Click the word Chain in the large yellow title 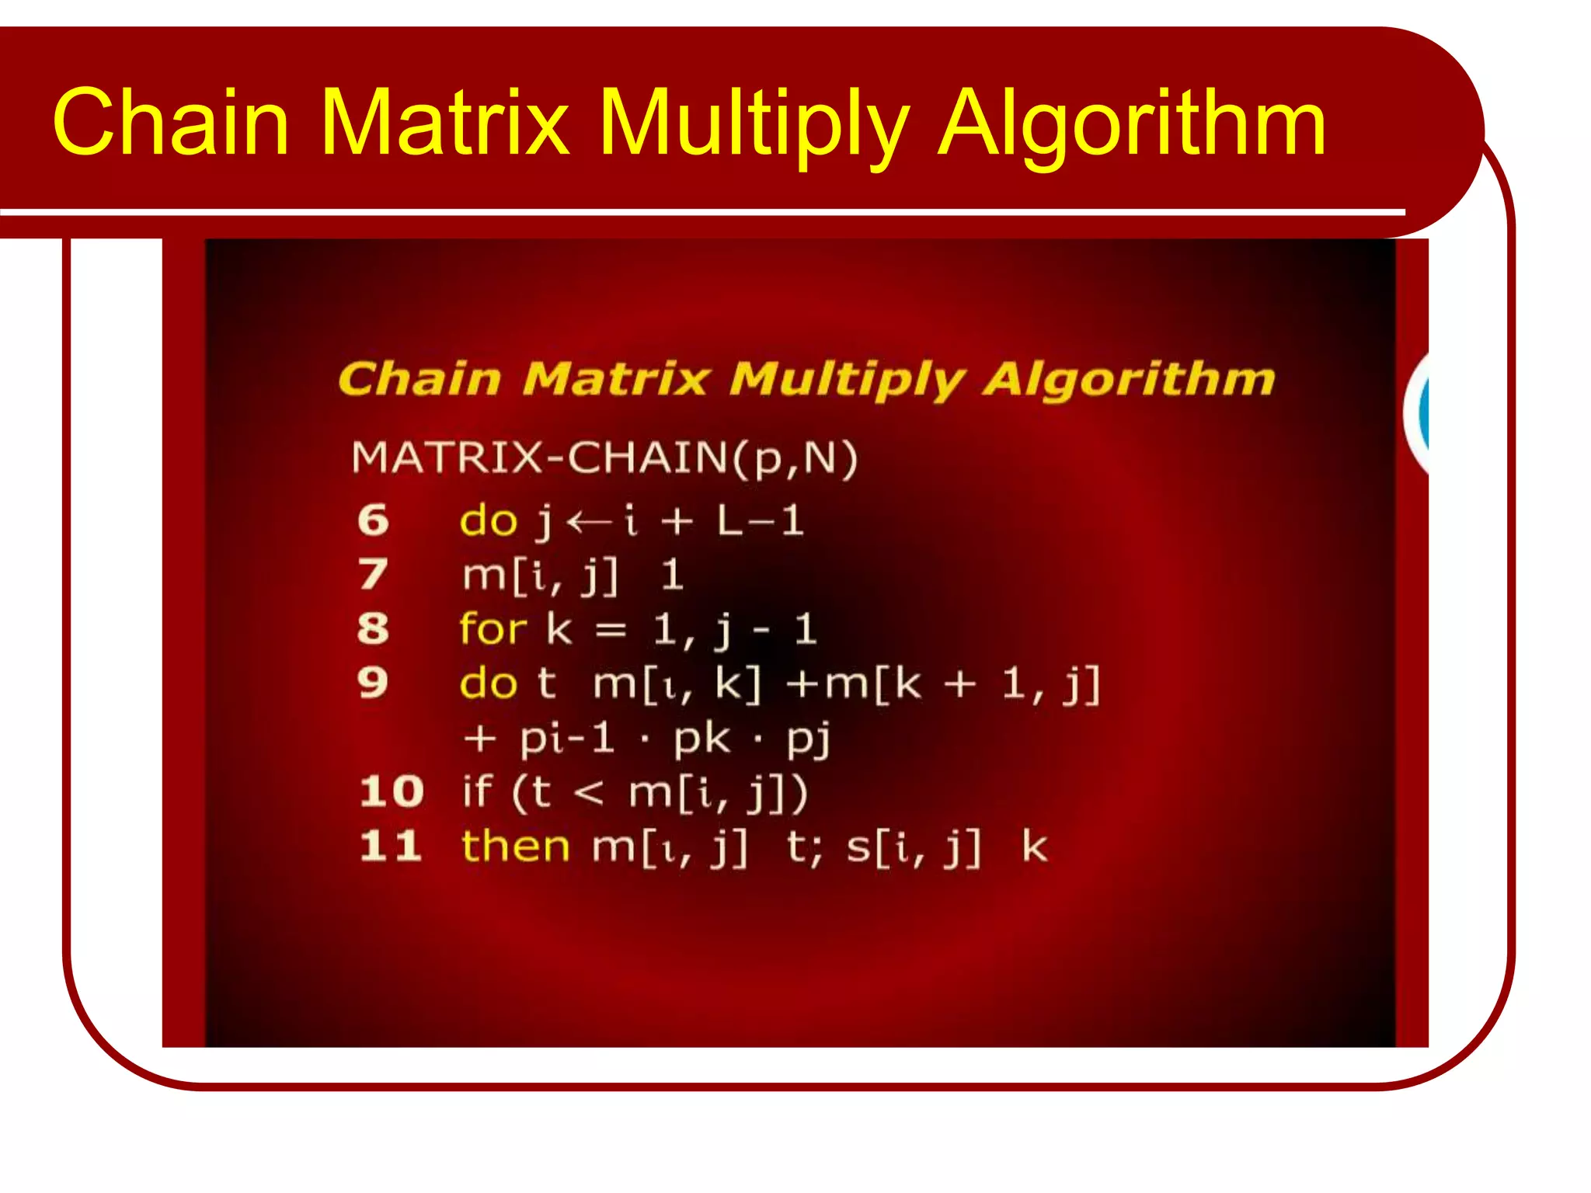[171, 123]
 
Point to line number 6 [373, 520]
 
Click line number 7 [373, 575]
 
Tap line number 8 [373, 628]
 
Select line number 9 [373, 683]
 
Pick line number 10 [392, 791]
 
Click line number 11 [391, 846]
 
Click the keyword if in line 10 [477, 791]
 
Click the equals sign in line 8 [611, 630]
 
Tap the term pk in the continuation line [702, 739]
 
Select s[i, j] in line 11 [914, 847]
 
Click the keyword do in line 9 [488, 683]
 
